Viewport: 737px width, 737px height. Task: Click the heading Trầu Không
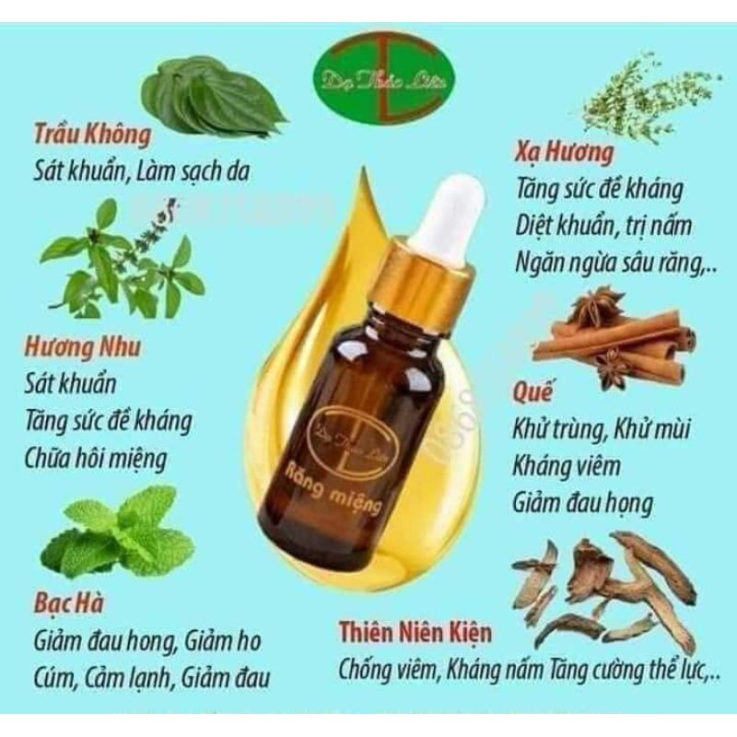(92, 135)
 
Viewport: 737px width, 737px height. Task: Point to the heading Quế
(532, 393)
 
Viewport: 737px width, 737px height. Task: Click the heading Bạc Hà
(69, 603)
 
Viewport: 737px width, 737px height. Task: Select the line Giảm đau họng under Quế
(581, 503)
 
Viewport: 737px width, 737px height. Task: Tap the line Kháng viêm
(565, 466)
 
